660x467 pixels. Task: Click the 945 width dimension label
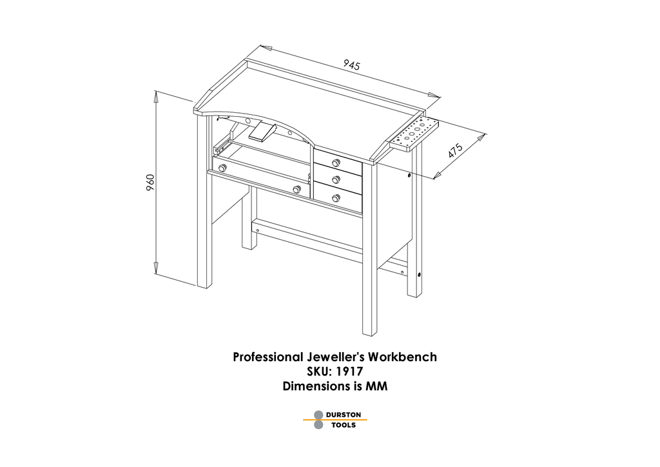tap(351, 65)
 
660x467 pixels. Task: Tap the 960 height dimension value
tap(150, 183)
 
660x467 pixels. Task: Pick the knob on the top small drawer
tap(336, 163)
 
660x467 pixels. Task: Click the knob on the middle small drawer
tap(335, 180)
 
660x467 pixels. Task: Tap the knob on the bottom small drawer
tap(335, 197)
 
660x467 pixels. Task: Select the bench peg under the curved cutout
tap(262, 132)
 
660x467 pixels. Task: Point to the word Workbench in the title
tap(402, 357)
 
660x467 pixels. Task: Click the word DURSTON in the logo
tap(343, 415)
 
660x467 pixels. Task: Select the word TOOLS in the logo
tap(344, 425)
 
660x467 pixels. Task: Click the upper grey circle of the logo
tap(318, 415)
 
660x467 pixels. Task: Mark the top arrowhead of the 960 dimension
tap(156, 96)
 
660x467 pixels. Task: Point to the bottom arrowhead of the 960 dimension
tap(156, 268)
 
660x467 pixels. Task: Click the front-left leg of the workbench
tap(204, 201)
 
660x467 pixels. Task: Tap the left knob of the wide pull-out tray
tap(222, 168)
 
